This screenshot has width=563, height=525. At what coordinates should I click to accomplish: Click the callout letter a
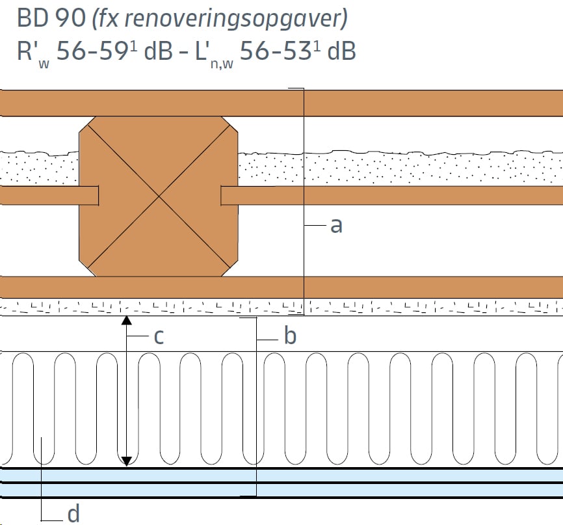tap(336, 226)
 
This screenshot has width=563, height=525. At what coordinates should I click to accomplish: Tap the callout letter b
tap(290, 335)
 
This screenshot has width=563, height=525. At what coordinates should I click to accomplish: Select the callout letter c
tap(159, 337)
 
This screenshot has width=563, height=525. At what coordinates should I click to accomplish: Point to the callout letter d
tap(73, 513)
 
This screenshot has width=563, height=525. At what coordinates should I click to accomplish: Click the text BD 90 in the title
tap(51, 18)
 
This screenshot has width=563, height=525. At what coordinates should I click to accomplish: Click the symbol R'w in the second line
tap(33, 53)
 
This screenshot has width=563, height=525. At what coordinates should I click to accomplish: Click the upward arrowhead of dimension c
tap(126, 320)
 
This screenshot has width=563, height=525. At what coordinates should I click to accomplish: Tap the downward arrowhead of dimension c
tap(126, 461)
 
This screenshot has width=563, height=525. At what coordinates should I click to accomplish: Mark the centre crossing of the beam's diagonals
tap(159, 196)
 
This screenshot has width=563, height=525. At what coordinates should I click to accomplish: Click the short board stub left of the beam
tap(49, 195)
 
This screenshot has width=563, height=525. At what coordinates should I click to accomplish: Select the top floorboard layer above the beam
tap(281, 103)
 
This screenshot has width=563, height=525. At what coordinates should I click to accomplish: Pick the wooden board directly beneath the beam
tap(281, 287)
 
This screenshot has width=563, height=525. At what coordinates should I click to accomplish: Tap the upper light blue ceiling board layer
tap(281, 476)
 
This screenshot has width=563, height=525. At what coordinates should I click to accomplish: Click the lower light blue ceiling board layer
tap(281, 490)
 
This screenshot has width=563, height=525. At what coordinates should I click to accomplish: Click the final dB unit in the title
tap(341, 50)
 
